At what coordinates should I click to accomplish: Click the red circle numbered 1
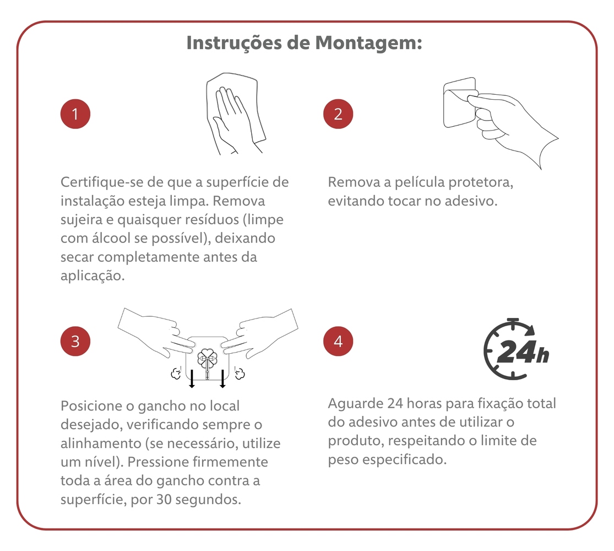(x=75, y=114)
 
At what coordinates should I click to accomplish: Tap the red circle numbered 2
(x=338, y=114)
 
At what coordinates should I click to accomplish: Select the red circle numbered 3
(x=75, y=341)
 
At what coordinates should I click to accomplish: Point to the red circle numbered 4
(x=338, y=341)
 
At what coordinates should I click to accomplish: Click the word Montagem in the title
(x=368, y=43)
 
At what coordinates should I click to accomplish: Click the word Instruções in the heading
(x=234, y=43)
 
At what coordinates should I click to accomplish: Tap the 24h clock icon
(x=516, y=349)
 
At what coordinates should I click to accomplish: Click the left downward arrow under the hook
(x=192, y=379)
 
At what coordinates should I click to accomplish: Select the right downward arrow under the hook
(x=222, y=379)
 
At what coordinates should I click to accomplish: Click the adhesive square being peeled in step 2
(x=459, y=102)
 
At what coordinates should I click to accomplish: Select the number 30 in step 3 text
(x=164, y=500)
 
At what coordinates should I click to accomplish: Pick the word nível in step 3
(x=102, y=462)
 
